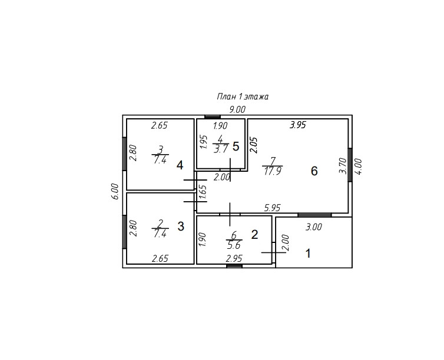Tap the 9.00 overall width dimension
(x=237, y=109)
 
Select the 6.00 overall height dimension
(x=115, y=192)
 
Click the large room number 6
(x=314, y=171)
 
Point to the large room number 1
(x=307, y=254)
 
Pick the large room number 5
(x=236, y=146)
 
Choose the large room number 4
(x=180, y=165)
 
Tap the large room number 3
(x=181, y=226)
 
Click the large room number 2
(x=254, y=235)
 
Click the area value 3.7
(x=221, y=149)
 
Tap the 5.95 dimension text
(x=273, y=208)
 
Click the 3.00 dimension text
(x=314, y=227)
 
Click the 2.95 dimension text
(x=235, y=258)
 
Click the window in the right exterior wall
(x=350, y=165)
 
